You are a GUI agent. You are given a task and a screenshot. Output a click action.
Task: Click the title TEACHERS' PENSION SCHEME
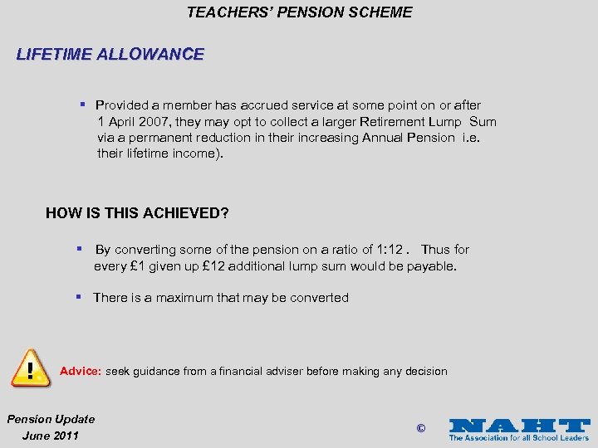coord(299,12)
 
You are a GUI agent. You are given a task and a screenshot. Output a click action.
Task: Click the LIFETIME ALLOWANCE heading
coord(110,55)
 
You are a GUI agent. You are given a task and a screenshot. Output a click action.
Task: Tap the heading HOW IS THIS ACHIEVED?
coord(137,213)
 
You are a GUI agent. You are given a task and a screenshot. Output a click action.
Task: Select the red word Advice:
coord(81,371)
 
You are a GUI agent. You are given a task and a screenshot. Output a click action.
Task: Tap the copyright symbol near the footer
coord(420,429)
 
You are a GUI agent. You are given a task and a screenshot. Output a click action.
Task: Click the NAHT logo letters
coord(518,425)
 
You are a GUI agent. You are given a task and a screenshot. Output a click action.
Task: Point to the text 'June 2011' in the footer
coord(51,436)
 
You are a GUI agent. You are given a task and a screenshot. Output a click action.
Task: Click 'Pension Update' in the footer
coord(51,419)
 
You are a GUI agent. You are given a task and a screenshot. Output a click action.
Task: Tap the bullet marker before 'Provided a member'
coord(83,105)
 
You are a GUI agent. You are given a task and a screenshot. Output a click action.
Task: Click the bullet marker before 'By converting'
coord(83,249)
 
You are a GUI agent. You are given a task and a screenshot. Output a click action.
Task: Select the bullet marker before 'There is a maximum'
coord(81,297)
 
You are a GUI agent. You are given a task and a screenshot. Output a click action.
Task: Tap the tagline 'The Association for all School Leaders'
coord(519,437)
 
